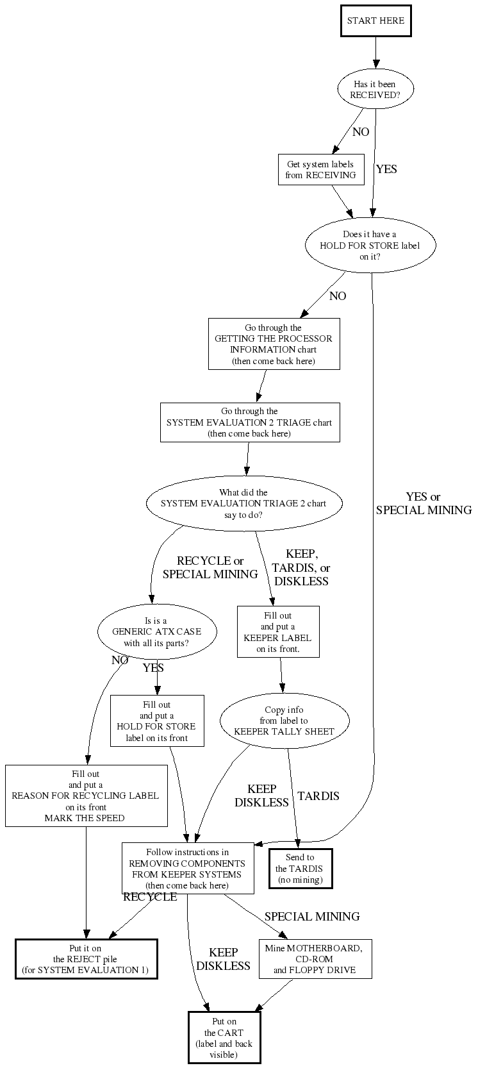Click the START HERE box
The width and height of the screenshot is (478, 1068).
point(375,21)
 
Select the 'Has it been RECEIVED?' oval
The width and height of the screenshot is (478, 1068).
point(375,89)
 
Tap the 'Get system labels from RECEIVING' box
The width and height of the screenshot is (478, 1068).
point(320,170)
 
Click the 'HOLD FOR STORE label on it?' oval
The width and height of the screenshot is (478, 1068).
point(370,246)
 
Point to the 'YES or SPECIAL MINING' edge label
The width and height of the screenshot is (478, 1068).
point(424,504)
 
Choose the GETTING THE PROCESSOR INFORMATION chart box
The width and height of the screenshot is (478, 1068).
point(274,344)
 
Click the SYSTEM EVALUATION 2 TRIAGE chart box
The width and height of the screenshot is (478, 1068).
point(249,422)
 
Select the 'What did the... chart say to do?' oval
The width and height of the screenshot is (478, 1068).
point(243,504)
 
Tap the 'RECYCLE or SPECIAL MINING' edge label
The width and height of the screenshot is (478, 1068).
point(210,567)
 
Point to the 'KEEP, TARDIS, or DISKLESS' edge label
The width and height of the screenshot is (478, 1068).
point(301,567)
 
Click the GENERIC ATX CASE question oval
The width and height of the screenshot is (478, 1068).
point(156,632)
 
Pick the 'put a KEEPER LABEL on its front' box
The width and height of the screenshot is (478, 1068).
point(278,632)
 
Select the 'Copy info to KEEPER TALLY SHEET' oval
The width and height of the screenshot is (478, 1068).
point(284,721)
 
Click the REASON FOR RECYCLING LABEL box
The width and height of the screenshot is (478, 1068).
point(86,796)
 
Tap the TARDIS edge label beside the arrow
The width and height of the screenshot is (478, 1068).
point(318,796)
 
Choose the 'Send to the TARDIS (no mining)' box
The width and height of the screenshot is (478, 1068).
point(300,869)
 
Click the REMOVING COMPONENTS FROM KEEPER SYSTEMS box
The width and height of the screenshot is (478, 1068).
point(187,868)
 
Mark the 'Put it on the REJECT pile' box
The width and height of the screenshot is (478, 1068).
point(86,959)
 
